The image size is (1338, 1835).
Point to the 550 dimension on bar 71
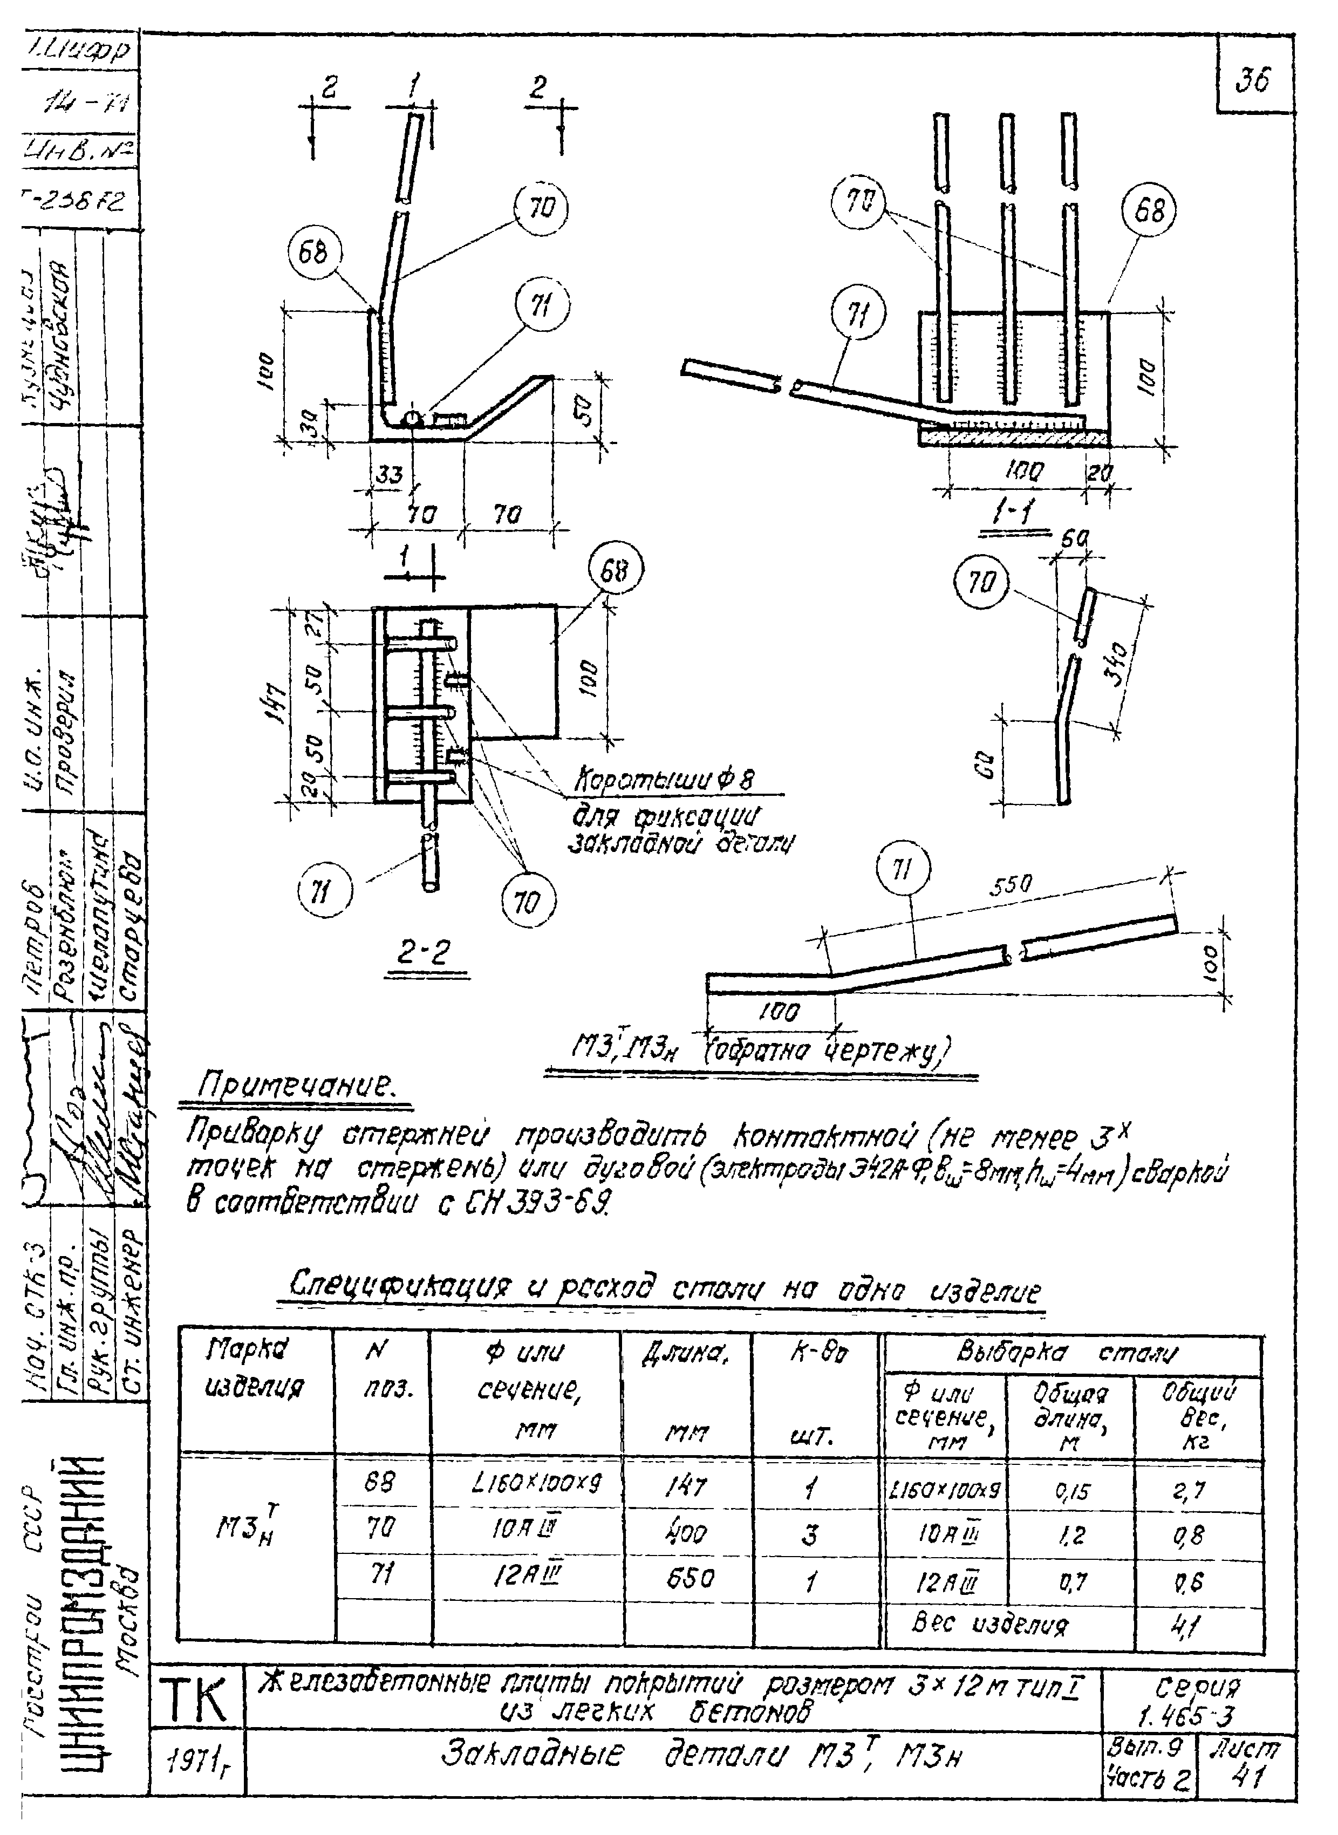click(x=1011, y=886)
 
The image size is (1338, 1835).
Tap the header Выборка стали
click(x=1071, y=1352)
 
